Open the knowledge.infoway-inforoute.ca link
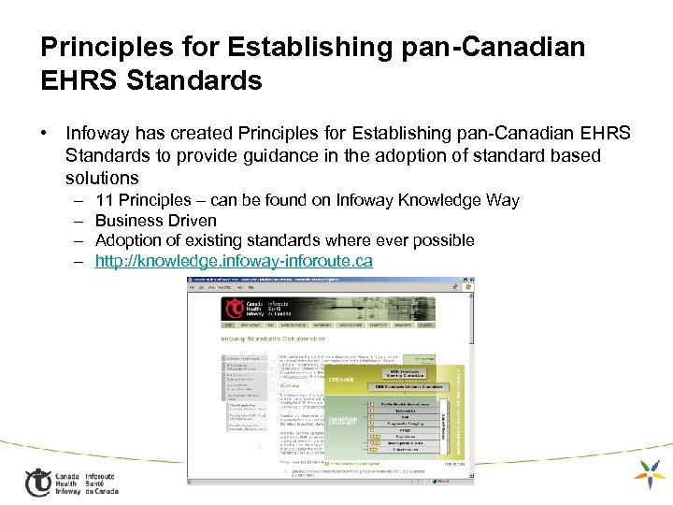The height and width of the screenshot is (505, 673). (x=234, y=261)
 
